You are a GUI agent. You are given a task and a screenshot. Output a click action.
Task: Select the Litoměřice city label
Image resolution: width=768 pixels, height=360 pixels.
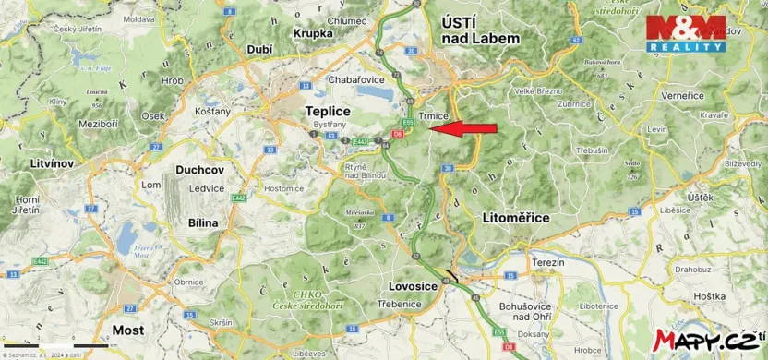click(515, 217)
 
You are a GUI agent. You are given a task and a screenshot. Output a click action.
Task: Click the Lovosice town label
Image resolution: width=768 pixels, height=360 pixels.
click(412, 287)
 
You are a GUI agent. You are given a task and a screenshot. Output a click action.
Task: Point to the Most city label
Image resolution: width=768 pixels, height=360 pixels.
click(127, 330)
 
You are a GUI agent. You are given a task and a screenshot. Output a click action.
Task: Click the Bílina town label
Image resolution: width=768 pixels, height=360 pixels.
click(202, 222)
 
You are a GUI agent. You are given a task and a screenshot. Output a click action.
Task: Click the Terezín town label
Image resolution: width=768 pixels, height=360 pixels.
click(547, 263)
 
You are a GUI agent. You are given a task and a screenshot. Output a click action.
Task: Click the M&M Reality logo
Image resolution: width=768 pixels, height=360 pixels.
click(685, 33)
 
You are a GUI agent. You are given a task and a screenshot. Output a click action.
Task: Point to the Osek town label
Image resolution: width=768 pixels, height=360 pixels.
click(153, 116)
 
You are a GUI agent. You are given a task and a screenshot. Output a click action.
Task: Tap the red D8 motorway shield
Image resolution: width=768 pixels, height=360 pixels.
click(397, 135)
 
